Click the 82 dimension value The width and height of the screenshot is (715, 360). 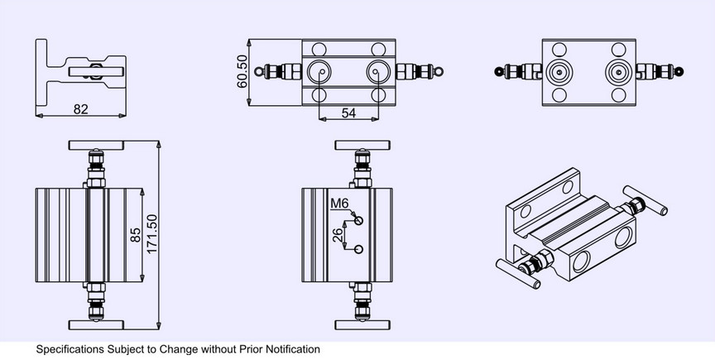point(81,109)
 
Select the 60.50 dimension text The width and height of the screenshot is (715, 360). point(242,71)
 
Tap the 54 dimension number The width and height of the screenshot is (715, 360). point(348,113)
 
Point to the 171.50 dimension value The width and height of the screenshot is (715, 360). point(151,234)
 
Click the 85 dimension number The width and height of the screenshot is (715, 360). point(136,235)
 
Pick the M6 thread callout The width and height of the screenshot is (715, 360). point(339,204)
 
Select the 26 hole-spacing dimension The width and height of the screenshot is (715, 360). point(338,235)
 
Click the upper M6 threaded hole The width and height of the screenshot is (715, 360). point(359,221)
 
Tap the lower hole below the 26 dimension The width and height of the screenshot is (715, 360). point(359,249)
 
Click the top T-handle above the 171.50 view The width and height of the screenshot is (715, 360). point(96,145)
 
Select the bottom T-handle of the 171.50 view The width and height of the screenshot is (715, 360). point(96,325)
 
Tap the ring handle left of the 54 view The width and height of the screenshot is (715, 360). point(259,72)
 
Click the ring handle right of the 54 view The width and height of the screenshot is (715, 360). point(439,72)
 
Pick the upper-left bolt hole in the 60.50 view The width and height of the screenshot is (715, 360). point(319,49)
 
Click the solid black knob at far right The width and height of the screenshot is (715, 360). point(679,71)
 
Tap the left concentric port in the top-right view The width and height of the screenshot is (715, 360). point(559,72)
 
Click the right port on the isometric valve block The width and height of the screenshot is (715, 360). point(623,238)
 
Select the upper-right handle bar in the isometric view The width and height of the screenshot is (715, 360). point(645,200)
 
